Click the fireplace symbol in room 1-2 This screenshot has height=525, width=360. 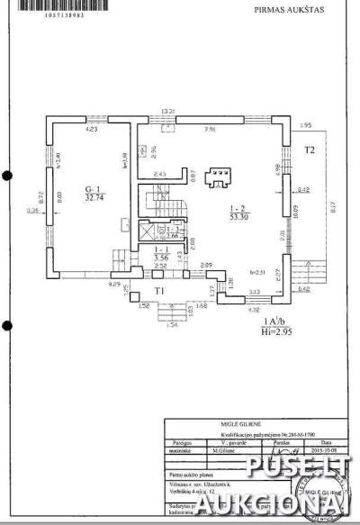215,177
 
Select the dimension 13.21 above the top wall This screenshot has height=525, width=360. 166,111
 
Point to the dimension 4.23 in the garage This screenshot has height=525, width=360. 91,130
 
